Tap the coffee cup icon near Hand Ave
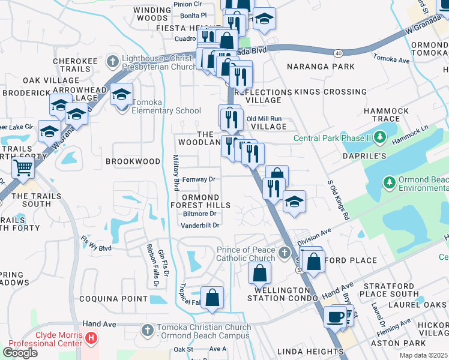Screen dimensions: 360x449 [335, 316]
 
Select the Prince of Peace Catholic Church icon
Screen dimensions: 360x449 [284, 254]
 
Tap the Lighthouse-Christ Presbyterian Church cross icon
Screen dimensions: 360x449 [112, 61]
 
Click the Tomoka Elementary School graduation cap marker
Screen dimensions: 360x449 [122, 96]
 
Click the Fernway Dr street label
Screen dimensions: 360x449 [199, 179]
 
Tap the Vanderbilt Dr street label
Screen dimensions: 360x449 [200, 225]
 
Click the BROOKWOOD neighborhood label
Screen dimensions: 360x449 [133, 161]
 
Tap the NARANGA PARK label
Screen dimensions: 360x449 [321, 67]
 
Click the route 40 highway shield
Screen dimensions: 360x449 [340, 53]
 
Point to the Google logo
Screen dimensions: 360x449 [20, 352]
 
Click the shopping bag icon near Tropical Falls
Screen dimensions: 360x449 [212, 298]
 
